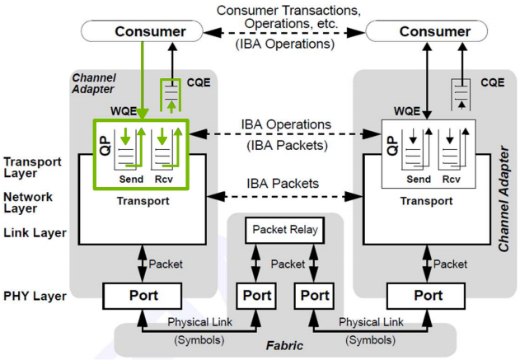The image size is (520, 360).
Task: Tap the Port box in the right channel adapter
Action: (428, 295)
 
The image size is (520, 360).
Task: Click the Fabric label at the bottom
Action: (284, 344)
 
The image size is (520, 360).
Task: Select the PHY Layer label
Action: (34, 294)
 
